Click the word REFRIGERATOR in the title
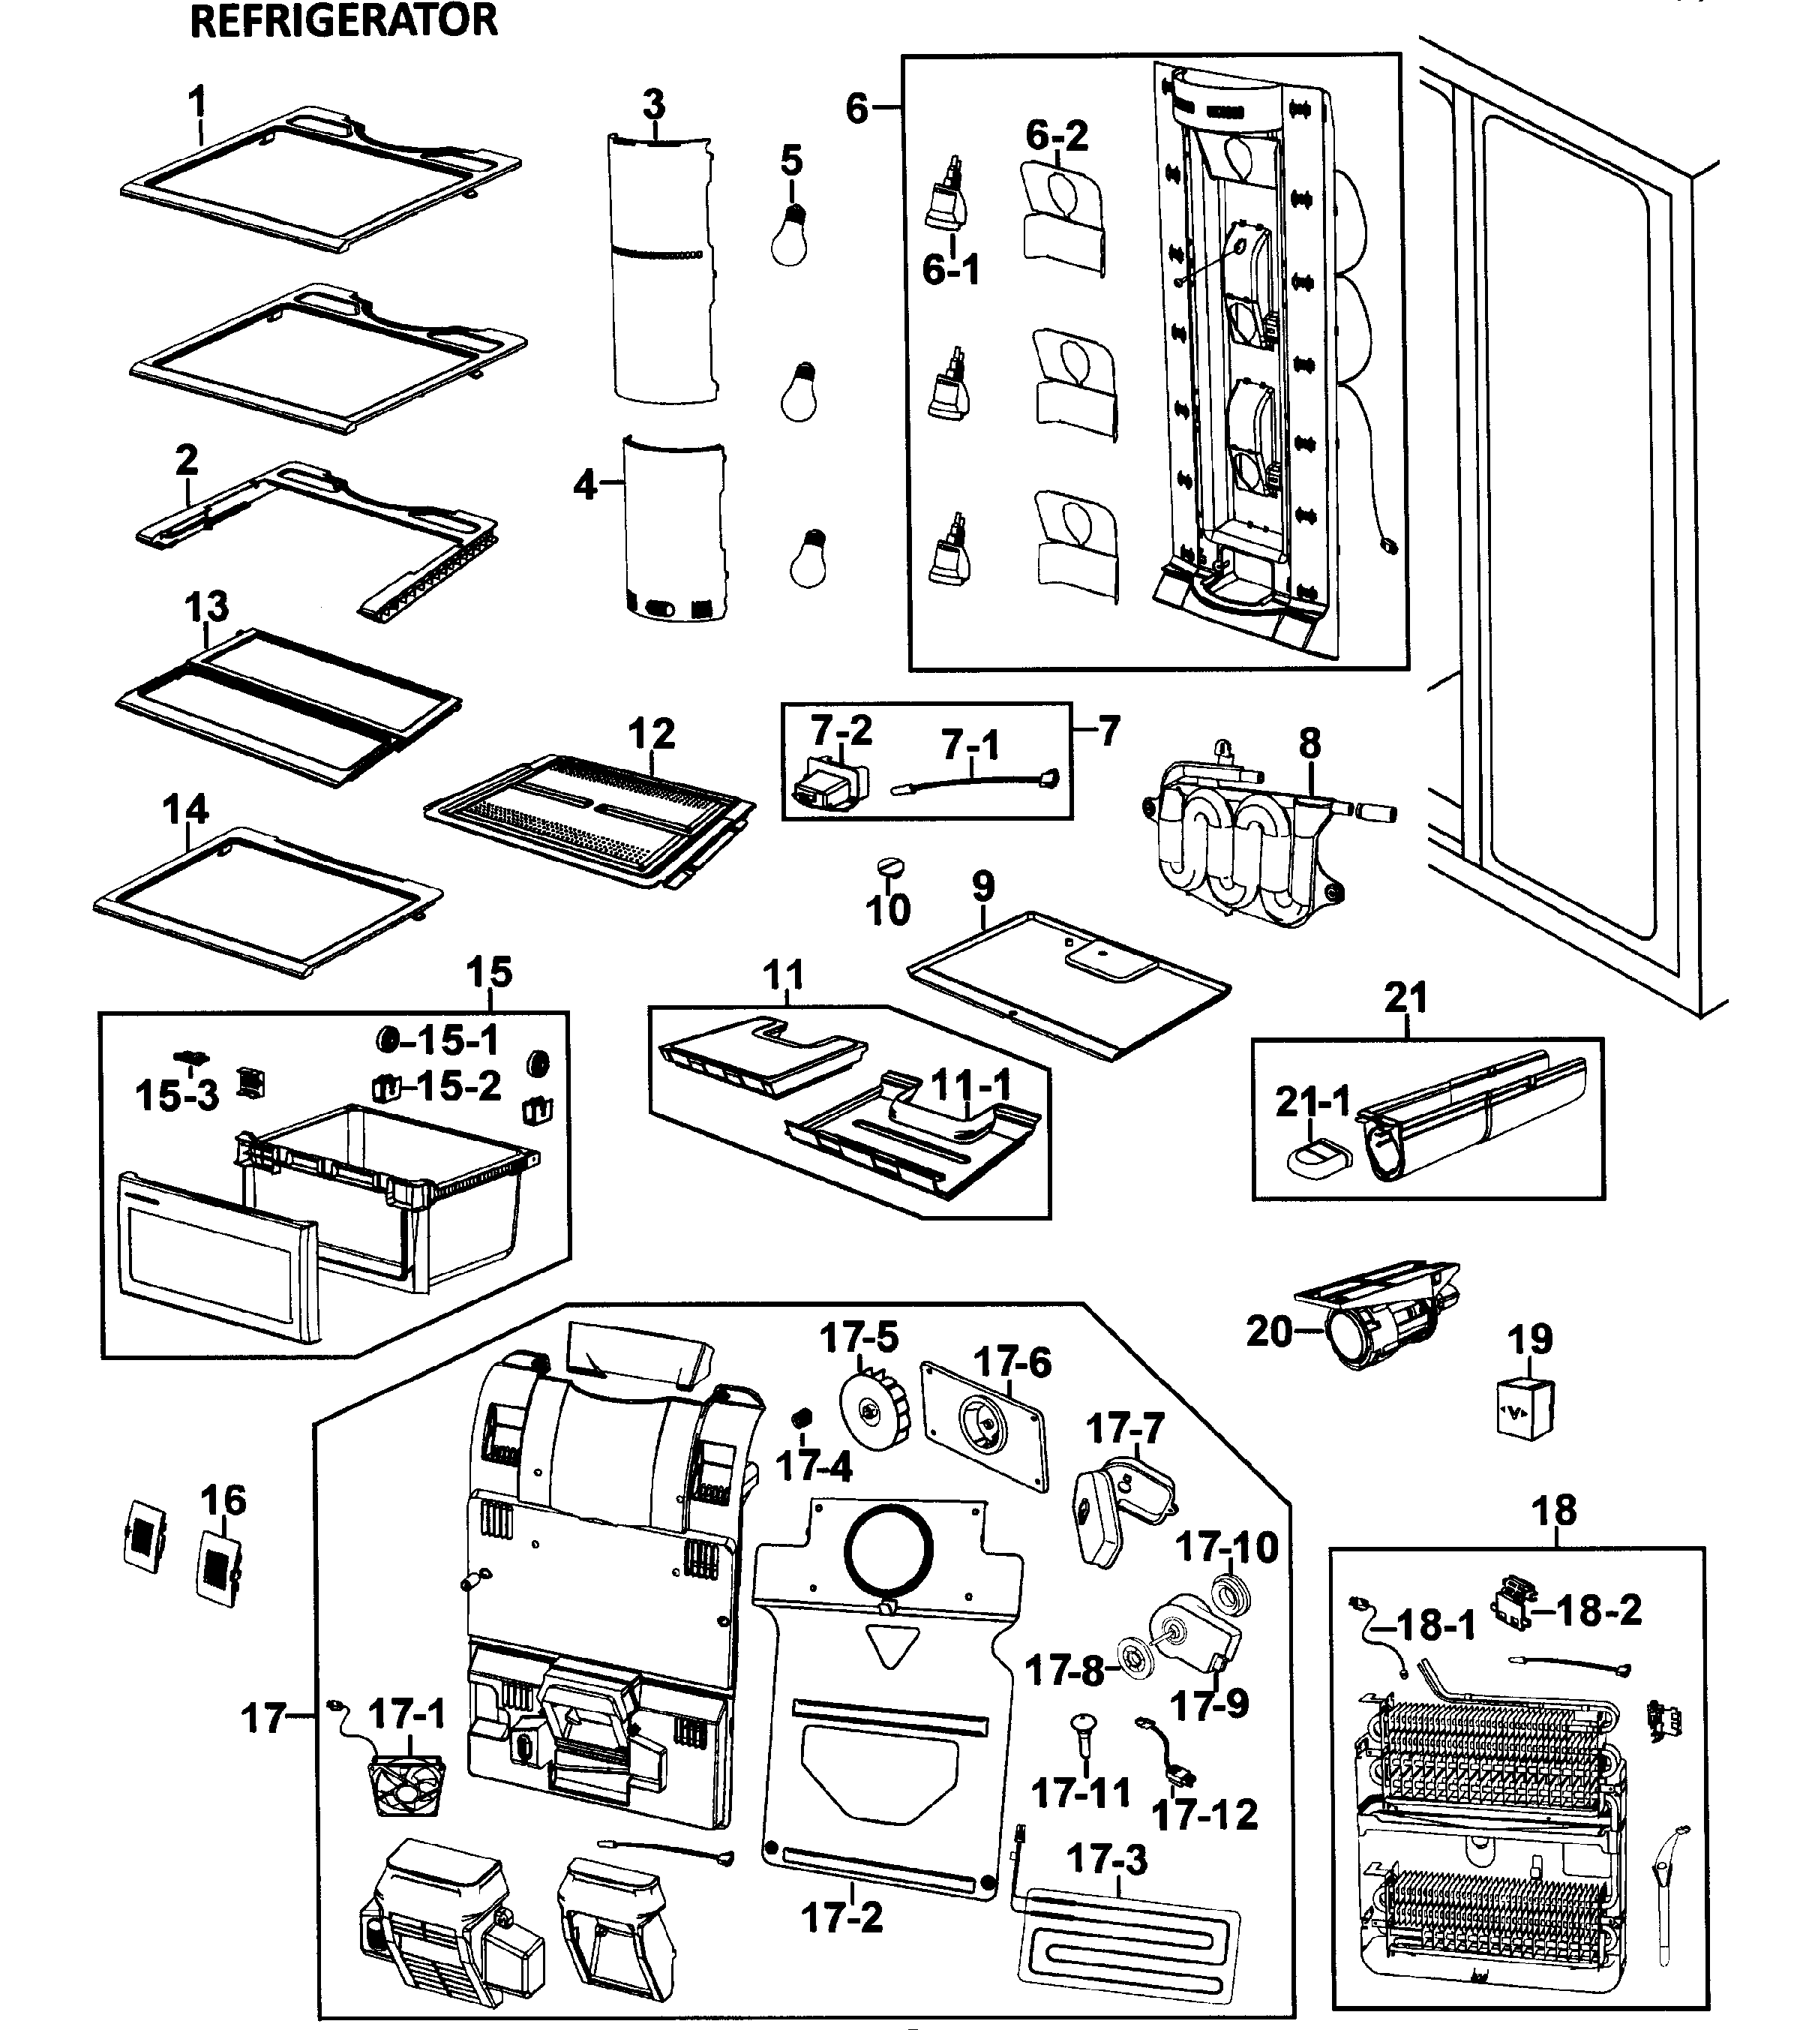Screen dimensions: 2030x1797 pos(343,21)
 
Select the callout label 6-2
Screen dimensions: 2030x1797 pos(1056,135)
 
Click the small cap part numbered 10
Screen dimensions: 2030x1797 pos(887,867)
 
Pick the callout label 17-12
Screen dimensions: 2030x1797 pos(1204,1815)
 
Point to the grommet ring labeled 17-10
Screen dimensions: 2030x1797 pos(1231,1598)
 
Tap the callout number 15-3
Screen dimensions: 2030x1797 pos(177,1095)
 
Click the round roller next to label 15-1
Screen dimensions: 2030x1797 pos(386,1041)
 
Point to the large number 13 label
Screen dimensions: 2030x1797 pos(206,606)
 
